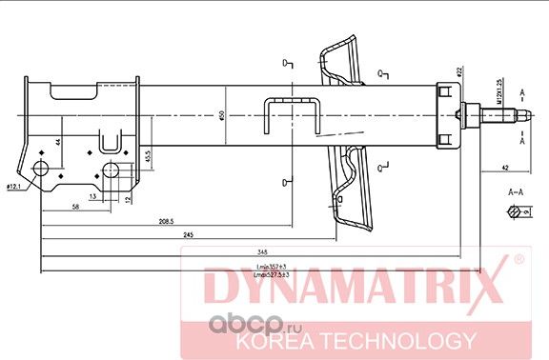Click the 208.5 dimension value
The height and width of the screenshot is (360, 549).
tap(167, 221)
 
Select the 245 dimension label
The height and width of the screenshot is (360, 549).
tap(190, 235)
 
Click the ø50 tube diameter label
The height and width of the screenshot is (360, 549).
tap(221, 116)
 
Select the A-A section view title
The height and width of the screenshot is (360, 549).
tap(516, 191)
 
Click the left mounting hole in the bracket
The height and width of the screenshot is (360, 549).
tap(43, 171)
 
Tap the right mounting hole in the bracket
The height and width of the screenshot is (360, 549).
tap(112, 172)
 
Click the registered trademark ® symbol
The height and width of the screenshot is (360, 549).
tap(518, 260)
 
